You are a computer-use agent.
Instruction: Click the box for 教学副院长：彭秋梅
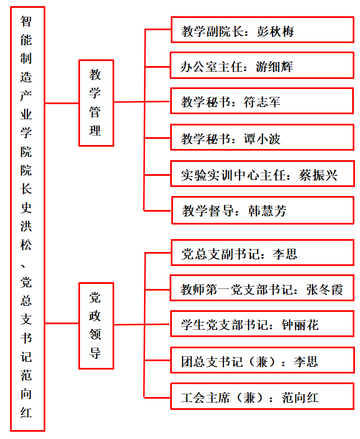[x=262, y=30]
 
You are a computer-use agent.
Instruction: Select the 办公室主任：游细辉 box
[x=262, y=65]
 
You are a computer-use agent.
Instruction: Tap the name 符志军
[x=262, y=102]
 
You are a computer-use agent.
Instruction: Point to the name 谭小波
[x=262, y=139]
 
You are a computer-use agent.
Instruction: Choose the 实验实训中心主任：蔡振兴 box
[x=263, y=174]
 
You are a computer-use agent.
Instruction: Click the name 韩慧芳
[x=267, y=211]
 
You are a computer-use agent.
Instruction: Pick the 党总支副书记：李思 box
[x=263, y=253]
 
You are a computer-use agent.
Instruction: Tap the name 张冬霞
[x=325, y=289]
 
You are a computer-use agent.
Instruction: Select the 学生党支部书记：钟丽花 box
[x=262, y=324]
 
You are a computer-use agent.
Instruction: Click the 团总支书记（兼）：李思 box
[x=263, y=360]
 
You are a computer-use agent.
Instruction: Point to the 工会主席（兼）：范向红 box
[x=263, y=396]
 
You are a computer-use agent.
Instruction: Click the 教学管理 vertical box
[x=96, y=103]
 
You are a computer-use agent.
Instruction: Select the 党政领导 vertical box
[x=96, y=326]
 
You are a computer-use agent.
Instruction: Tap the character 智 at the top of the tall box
[x=26, y=21]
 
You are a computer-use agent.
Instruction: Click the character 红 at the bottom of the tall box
[x=26, y=412]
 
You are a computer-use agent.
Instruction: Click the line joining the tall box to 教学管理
[x=62, y=103]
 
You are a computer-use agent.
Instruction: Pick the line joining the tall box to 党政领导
[x=62, y=324]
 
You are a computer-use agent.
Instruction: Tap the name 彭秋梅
[x=275, y=31]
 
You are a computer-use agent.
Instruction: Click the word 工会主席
[x=205, y=398]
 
